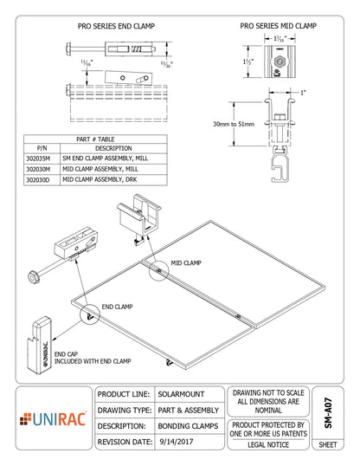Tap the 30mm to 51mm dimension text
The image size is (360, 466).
coord(235,125)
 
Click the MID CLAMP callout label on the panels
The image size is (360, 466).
coord(186,262)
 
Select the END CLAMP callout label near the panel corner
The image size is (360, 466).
coord(117,307)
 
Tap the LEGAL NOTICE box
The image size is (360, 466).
coord(267,443)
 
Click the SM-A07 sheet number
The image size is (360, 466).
coord(328,411)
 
